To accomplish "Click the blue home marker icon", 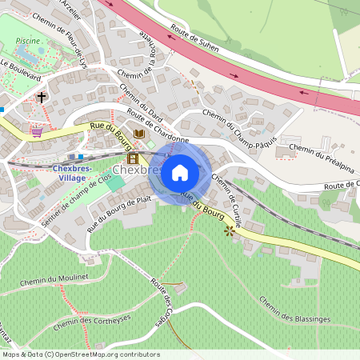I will coord(180,173).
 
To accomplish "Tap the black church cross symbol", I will coord(42,98).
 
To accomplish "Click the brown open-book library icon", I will coord(139,133).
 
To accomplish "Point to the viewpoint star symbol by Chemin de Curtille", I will coord(231,231).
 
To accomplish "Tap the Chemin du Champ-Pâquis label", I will coord(240,130).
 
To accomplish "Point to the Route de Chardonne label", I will coord(157,126).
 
